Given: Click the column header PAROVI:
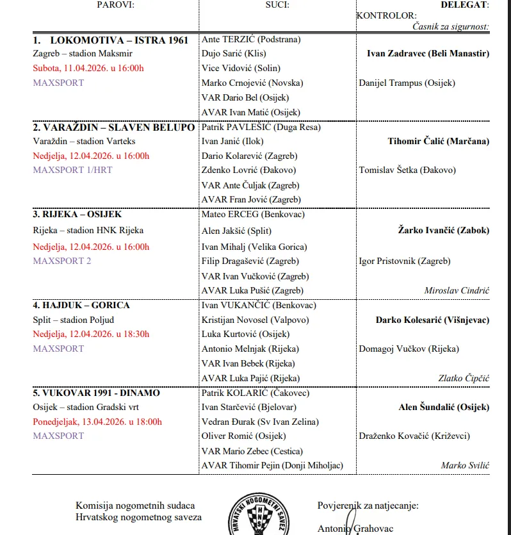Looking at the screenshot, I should pos(117,4).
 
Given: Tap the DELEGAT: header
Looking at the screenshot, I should pos(464,4).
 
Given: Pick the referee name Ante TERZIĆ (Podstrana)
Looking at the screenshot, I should pos(251,40).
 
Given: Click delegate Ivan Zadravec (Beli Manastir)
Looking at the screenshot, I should pos(428,54).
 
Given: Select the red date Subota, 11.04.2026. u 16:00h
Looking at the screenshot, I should pos(88,69).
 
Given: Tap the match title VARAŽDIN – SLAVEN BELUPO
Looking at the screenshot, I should pos(114,127).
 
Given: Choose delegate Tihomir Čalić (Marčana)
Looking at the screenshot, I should pos(438,141).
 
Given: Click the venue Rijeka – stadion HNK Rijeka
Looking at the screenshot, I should pos(88,231).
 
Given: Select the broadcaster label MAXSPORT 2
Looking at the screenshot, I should pos(62,261).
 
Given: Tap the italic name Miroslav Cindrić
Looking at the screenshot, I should pos(457,290).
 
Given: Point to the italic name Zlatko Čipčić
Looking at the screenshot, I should pos(463,378).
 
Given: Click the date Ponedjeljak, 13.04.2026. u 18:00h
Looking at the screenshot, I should pos(97,422).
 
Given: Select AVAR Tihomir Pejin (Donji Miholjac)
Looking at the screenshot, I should pos(272,465).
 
